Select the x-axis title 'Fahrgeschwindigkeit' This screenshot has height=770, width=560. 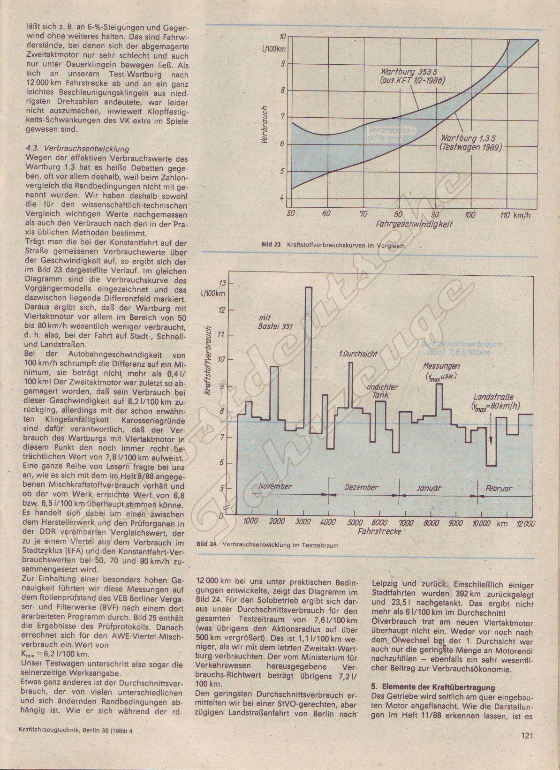(x=414, y=225)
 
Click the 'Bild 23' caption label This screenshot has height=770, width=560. (x=271, y=245)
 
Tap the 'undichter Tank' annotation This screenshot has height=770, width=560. (x=382, y=391)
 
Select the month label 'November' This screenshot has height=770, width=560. (x=275, y=486)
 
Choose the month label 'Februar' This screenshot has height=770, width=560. (x=499, y=488)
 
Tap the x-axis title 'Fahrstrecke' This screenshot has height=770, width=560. (x=379, y=532)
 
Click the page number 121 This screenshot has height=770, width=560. (x=527, y=748)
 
